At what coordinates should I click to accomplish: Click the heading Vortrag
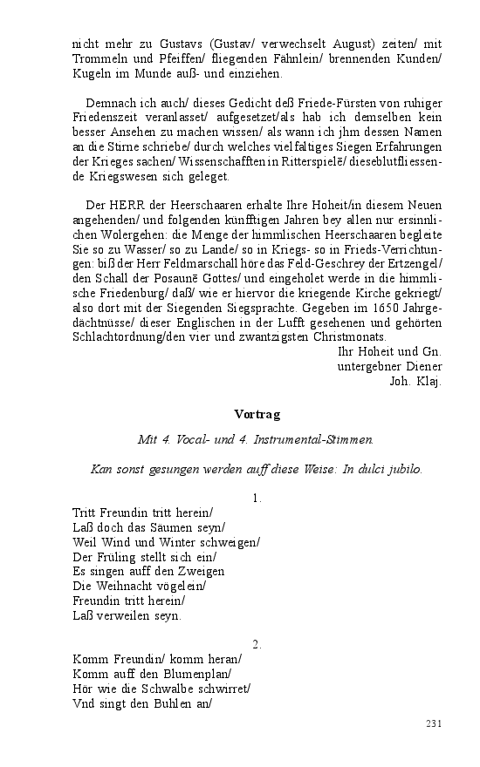point(257,413)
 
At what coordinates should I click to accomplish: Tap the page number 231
point(434,723)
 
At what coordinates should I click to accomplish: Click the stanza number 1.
point(257,499)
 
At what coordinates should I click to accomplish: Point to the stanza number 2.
point(257,644)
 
